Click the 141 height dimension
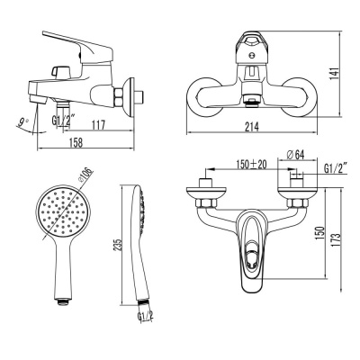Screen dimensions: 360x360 tap(335, 74)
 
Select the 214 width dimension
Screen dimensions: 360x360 tap(252, 127)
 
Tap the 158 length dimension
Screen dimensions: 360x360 tap(76, 143)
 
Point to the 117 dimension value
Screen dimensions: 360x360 tap(98, 125)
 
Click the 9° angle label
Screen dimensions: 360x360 tap(23, 122)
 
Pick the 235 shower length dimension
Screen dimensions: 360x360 tap(118, 245)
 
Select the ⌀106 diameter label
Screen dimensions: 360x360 tap(86, 175)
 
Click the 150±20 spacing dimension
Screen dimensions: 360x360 tap(251, 165)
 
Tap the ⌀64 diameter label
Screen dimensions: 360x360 tap(295, 155)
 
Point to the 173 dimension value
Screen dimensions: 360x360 tap(337, 239)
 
